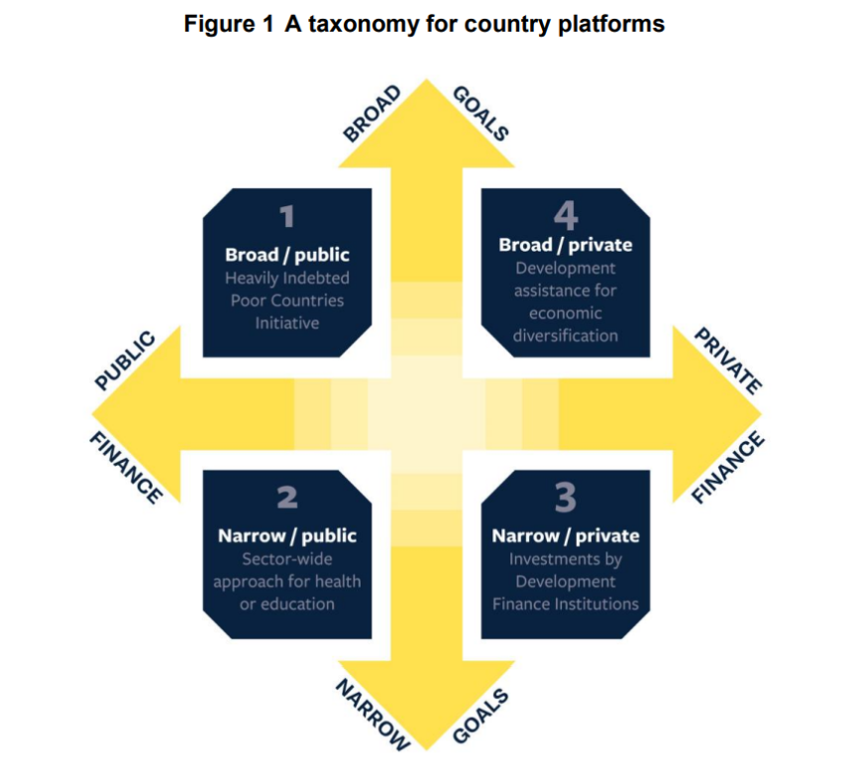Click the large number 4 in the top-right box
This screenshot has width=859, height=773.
point(566,214)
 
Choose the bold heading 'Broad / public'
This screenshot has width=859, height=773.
point(287,255)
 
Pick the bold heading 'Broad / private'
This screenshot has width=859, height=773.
point(566,245)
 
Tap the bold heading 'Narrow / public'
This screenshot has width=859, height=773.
point(287,536)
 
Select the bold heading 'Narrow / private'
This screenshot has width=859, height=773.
point(566,536)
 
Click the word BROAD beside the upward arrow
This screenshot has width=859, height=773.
point(372,115)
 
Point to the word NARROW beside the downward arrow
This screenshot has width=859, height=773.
point(374,714)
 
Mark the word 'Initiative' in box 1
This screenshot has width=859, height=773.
point(287,323)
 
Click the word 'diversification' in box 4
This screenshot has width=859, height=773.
point(566,335)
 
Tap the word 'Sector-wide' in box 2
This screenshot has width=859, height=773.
point(287,559)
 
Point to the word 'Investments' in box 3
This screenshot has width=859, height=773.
point(566,559)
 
